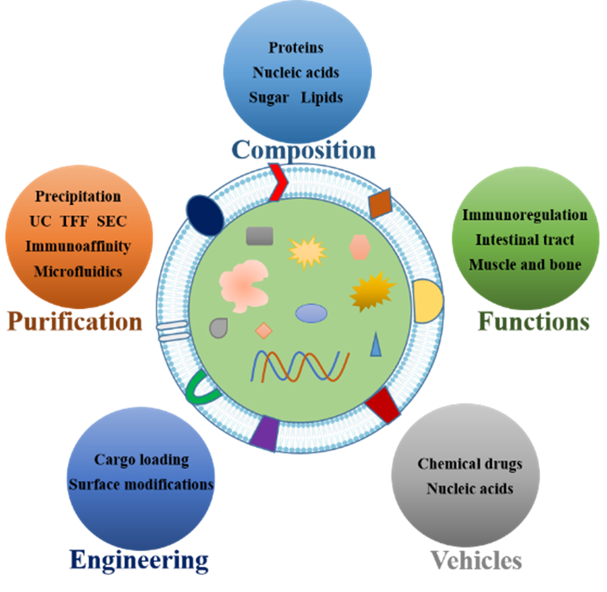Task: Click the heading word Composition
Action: click(x=304, y=150)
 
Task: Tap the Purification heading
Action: click(x=75, y=321)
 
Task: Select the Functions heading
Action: click(x=534, y=321)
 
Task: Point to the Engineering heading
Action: click(x=139, y=560)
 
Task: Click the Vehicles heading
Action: click(x=476, y=560)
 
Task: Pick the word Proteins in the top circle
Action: click(x=296, y=47)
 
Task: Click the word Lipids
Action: click(x=322, y=98)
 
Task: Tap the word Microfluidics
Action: click(x=78, y=271)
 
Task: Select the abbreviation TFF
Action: click(x=74, y=221)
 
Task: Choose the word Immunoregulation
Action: click(x=525, y=214)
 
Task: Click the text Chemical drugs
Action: click(x=470, y=463)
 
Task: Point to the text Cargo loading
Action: click(x=142, y=460)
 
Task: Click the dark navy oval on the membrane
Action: click(x=205, y=215)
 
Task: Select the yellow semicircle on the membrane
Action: click(x=427, y=302)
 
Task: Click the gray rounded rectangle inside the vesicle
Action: click(x=260, y=236)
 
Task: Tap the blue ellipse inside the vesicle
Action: click(x=311, y=313)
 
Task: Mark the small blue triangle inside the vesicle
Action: click(x=376, y=345)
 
